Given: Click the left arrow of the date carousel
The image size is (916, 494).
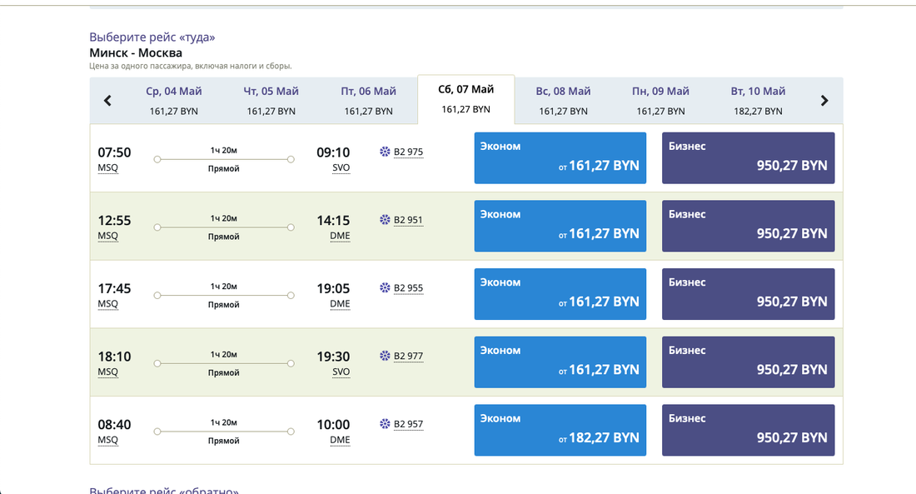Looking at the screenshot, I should tap(107, 101).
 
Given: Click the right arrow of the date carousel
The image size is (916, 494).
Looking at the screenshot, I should tap(824, 101).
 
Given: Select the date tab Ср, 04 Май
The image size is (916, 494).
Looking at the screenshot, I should tap(174, 100).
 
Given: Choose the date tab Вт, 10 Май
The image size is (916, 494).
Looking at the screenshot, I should tap(758, 100).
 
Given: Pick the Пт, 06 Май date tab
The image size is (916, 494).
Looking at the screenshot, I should tap(368, 100).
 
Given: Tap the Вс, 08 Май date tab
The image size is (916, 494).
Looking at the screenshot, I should tap(563, 100).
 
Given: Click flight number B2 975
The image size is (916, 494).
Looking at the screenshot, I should tap(408, 152).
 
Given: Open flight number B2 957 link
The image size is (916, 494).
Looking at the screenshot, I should tap(408, 425).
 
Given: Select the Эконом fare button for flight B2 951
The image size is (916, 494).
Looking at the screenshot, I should tap(560, 226).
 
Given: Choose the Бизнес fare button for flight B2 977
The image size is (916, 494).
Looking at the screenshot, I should tap(748, 362).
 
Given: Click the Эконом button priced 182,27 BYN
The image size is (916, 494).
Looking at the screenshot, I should tap(560, 430).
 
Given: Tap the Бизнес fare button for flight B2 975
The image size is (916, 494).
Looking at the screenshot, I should tap(748, 157).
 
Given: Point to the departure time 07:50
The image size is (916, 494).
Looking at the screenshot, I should tap(114, 152).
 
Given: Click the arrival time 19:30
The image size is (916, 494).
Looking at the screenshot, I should tap(333, 357).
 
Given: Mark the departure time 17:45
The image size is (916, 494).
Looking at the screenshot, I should tap(114, 288).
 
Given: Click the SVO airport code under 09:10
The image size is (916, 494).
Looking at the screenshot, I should tap(341, 167).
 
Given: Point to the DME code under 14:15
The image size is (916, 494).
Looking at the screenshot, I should tap(340, 236).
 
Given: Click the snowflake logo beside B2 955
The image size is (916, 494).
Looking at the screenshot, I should tap(385, 288).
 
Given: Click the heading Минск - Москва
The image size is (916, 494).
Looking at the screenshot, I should tap(136, 52).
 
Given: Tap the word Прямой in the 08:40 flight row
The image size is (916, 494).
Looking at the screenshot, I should tap(223, 441).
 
